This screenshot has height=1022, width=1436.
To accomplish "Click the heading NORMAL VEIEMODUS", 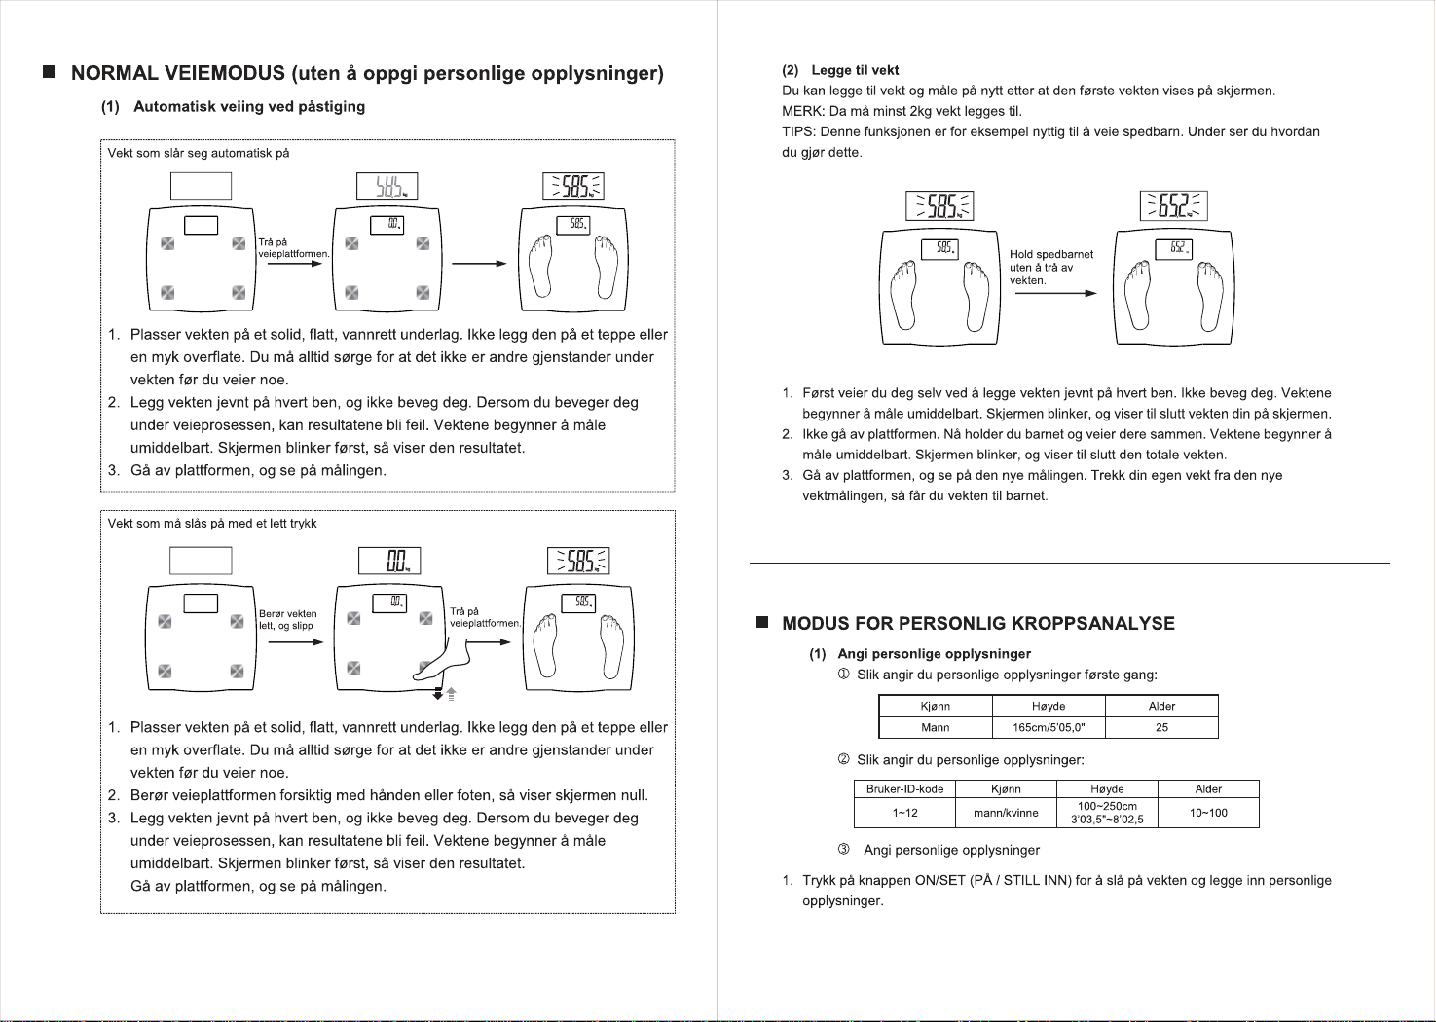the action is tap(177, 72).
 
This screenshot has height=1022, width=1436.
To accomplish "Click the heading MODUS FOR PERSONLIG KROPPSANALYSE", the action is tap(978, 624).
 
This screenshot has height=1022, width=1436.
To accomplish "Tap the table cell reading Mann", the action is tap(936, 727).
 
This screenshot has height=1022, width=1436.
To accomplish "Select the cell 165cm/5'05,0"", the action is tap(1049, 727).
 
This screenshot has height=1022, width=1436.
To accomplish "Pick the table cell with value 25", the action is tap(1161, 727).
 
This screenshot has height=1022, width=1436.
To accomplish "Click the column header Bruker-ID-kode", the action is tap(904, 788).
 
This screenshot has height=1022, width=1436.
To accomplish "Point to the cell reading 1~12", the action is tap(904, 813).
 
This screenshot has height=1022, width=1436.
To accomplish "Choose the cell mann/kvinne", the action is tap(1006, 813).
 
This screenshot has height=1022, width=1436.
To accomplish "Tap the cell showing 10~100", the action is tap(1208, 813).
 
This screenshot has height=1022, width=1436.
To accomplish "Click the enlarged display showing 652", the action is tap(1174, 205).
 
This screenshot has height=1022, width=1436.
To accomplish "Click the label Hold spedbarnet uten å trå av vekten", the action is tap(1051, 268).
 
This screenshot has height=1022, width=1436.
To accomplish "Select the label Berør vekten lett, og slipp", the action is tap(288, 620).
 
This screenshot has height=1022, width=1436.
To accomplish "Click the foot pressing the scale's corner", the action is tap(442, 661).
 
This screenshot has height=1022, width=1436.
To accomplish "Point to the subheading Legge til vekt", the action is tap(855, 70).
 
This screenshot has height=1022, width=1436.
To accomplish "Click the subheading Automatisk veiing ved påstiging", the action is tap(249, 106).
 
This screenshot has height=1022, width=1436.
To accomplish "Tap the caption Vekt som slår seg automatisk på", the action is tap(199, 153).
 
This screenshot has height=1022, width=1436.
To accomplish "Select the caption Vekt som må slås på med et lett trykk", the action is tap(212, 524).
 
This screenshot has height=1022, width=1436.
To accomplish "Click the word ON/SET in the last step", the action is tap(940, 881).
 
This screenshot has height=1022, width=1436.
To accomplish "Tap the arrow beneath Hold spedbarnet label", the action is tap(1056, 294).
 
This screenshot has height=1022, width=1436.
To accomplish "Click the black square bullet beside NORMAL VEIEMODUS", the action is tap(50, 71).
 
